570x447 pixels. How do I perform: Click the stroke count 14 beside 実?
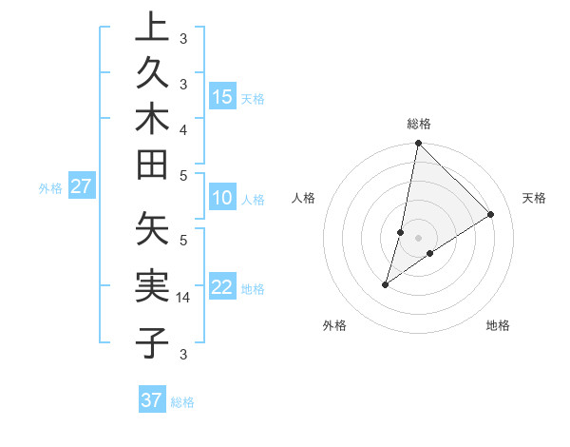(183, 298)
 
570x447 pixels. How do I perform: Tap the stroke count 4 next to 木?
(183, 128)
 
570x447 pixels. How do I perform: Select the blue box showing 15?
(222, 96)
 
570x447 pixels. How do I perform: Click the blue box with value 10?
(222, 199)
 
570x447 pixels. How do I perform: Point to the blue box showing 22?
(222, 288)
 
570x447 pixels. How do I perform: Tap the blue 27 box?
(81, 186)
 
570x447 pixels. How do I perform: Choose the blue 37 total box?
(152, 400)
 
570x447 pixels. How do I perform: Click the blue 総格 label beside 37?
(182, 402)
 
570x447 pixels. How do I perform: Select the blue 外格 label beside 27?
(50, 188)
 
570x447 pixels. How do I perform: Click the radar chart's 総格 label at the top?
(418, 125)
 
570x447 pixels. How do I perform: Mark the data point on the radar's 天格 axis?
(491, 214)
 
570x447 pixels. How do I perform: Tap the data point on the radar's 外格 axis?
(386, 283)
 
